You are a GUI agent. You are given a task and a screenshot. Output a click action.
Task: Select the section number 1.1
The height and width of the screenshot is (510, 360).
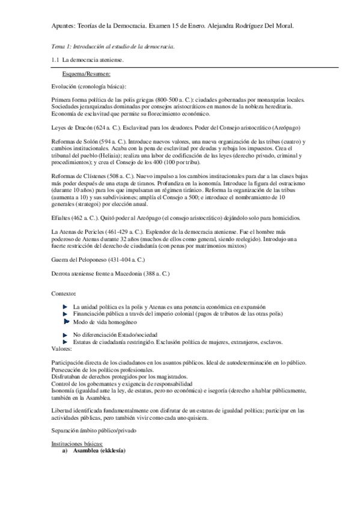(x=56, y=61)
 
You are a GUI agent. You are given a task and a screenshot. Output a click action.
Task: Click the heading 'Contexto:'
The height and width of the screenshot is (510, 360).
(x=64, y=294)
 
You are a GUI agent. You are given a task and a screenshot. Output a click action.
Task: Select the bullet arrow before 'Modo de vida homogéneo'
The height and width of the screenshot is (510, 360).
(x=67, y=322)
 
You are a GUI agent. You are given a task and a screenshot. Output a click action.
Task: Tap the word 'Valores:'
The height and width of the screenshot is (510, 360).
(x=62, y=348)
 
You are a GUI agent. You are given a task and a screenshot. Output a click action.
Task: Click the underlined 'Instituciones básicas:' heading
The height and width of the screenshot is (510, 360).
(x=78, y=443)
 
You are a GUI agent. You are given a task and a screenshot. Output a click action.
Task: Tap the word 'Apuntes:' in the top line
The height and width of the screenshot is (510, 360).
(x=64, y=26)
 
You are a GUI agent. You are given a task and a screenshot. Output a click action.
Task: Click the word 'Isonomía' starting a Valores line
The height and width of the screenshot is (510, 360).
(x=65, y=391)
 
